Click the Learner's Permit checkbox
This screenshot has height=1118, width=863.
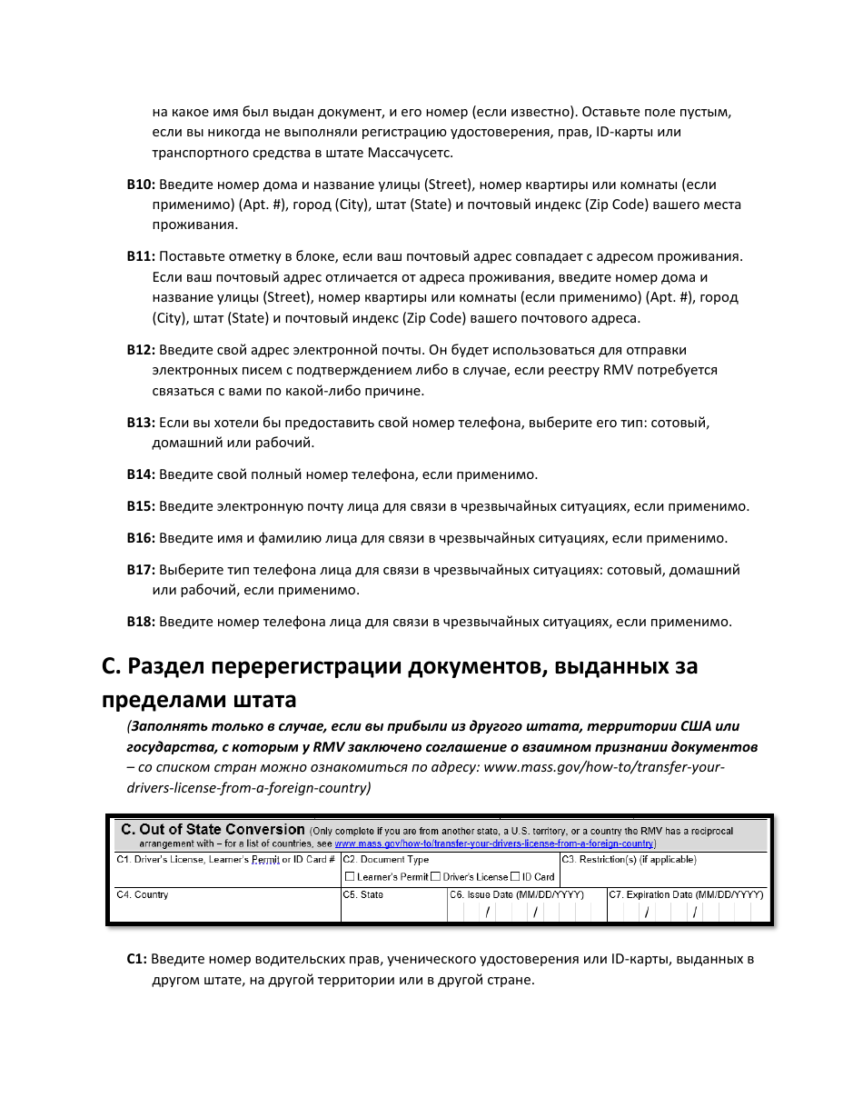coord(350,877)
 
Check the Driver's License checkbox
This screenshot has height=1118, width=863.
coord(436,877)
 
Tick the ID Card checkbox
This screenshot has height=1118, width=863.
coord(515,877)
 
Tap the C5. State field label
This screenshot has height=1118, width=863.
coord(363,895)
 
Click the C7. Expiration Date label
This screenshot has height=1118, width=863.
coord(686,895)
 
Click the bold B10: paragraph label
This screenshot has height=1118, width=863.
coord(141,185)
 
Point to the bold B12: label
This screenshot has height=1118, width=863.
coord(141,350)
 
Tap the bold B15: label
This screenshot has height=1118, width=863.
coord(141,506)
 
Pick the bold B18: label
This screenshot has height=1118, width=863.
coord(141,622)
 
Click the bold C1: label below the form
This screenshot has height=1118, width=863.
coord(136,959)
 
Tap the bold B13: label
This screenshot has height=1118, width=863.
coord(141,423)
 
